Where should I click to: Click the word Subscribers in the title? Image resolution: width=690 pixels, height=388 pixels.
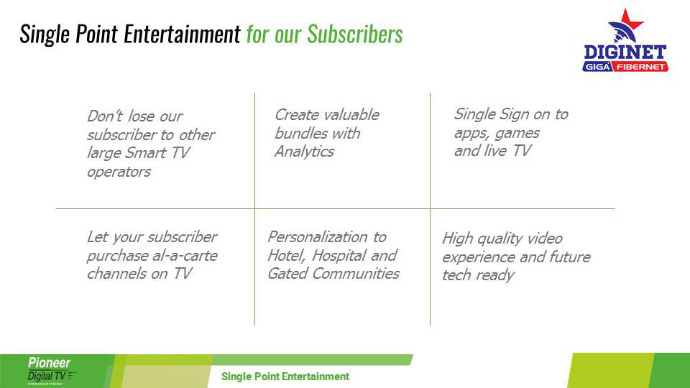tap(354, 34)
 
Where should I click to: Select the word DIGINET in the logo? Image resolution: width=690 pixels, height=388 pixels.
tap(625, 52)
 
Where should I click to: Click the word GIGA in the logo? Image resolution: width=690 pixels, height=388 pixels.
tap(597, 67)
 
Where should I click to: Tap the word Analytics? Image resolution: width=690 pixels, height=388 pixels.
tap(304, 152)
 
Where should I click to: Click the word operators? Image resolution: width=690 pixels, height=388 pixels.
tap(119, 172)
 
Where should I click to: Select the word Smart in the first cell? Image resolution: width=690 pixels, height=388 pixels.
tap(146, 152)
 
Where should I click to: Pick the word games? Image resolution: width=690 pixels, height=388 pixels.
tap(517, 134)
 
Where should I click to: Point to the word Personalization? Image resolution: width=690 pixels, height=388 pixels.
tap(318, 238)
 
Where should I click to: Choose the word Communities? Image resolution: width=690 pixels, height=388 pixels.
tap(356, 274)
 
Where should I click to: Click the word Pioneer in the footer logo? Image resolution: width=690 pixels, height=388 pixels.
tap(50, 363)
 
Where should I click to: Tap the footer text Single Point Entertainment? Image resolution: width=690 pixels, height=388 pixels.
tap(285, 377)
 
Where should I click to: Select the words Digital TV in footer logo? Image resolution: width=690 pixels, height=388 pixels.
tap(47, 376)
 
